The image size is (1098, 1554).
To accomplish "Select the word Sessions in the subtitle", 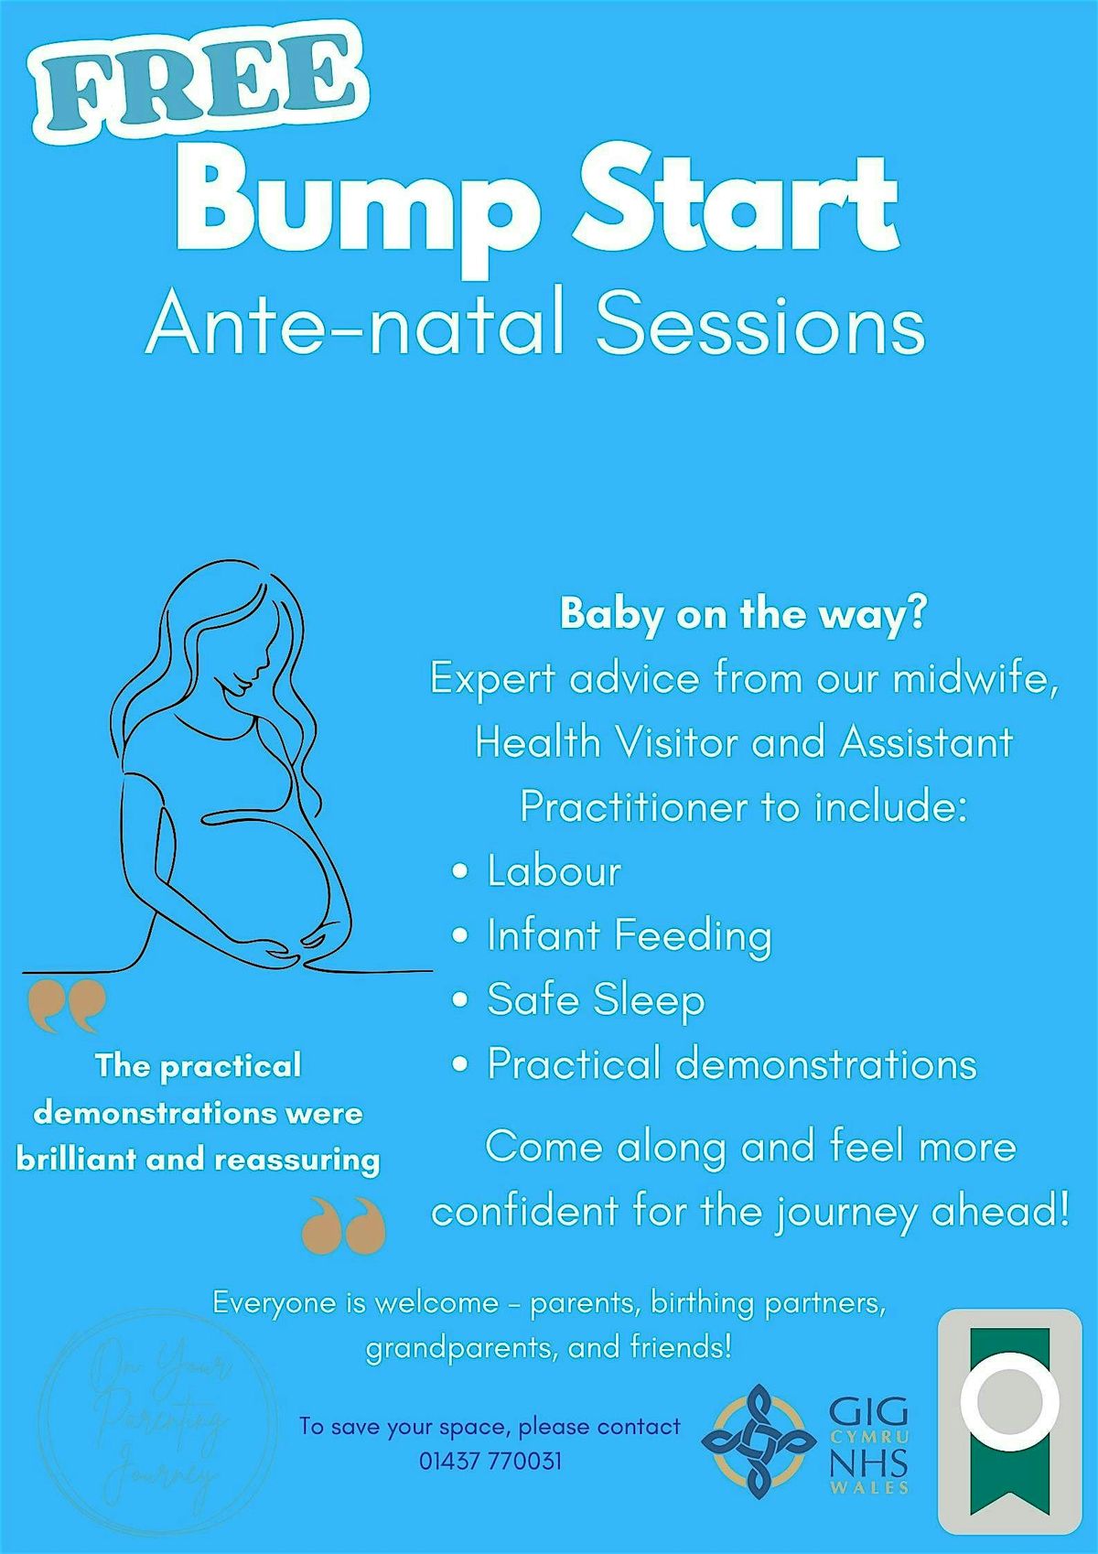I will tap(759, 325).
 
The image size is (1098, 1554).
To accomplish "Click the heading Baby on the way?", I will tap(743, 613).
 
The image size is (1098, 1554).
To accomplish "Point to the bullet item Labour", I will tap(554, 871).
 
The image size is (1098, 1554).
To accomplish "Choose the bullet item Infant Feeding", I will tap(629, 935).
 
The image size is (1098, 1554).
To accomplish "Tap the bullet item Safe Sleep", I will tap(596, 999).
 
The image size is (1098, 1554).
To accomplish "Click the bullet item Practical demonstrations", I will tap(731, 1064).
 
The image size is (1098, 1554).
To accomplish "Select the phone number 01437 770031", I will tap(490, 1461).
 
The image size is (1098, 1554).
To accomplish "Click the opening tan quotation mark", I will tap(67, 1007).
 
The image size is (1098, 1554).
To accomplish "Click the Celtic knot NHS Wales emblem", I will tap(759, 1441).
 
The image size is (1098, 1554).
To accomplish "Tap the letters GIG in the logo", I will tap(868, 1411).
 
